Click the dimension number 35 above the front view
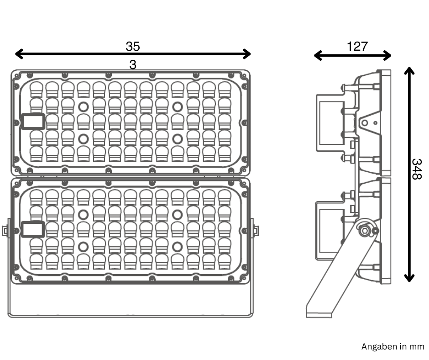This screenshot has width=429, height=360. click(x=133, y=46)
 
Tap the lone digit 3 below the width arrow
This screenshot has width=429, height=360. click(x=132, y=65)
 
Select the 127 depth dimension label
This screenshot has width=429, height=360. click(x=357, y=46)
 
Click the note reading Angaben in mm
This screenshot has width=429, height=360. click(x=392, y=347)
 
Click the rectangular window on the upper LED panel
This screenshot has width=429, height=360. click(x=33, y=121)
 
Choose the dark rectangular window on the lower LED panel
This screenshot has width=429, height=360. click(x=33, y=228)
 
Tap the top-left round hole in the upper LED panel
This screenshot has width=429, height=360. click(x=84, y=107)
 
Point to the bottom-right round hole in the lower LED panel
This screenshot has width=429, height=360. click(x=178, y=247)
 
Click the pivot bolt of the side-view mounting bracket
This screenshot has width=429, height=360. click(x=364, y=230)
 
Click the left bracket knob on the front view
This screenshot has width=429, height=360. click(x=5, y=229)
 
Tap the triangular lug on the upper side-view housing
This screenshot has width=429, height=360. click(x=368, y=122)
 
